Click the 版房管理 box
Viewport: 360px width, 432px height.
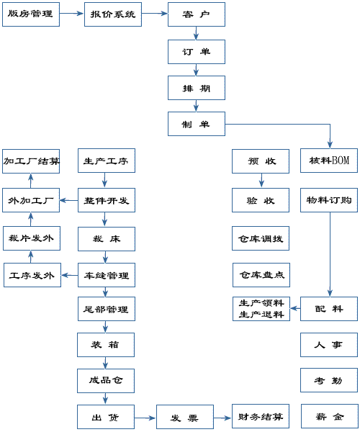coord(31,14)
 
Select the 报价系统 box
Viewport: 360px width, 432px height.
coord(113,14)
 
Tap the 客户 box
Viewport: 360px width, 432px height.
coord(197,14)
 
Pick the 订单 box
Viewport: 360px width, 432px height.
coord(197,52)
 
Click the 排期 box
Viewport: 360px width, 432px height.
coord(197,88)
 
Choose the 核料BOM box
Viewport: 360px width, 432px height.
coord(329,161)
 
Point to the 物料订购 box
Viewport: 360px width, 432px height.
coord(329,200)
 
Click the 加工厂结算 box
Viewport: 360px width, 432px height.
coord(31,161)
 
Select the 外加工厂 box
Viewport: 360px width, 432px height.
coord(31,200)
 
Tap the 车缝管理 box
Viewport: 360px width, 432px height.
coord(107,275)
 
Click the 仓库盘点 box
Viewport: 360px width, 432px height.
coord(261,275)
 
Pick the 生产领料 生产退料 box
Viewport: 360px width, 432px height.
coord(261,309)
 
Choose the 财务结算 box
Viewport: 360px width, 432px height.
coord(261,417)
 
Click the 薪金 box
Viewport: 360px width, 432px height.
coord(330,417)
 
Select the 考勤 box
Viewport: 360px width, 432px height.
coord(329,380)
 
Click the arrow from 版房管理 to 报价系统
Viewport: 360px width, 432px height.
coord(71,13)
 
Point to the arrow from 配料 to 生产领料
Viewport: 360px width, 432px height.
coord(295,308)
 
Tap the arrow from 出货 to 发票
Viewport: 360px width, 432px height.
coord(145,418)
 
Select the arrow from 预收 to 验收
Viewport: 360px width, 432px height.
coord(261,180)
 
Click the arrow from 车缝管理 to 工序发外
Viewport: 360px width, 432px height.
coord(69,275)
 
